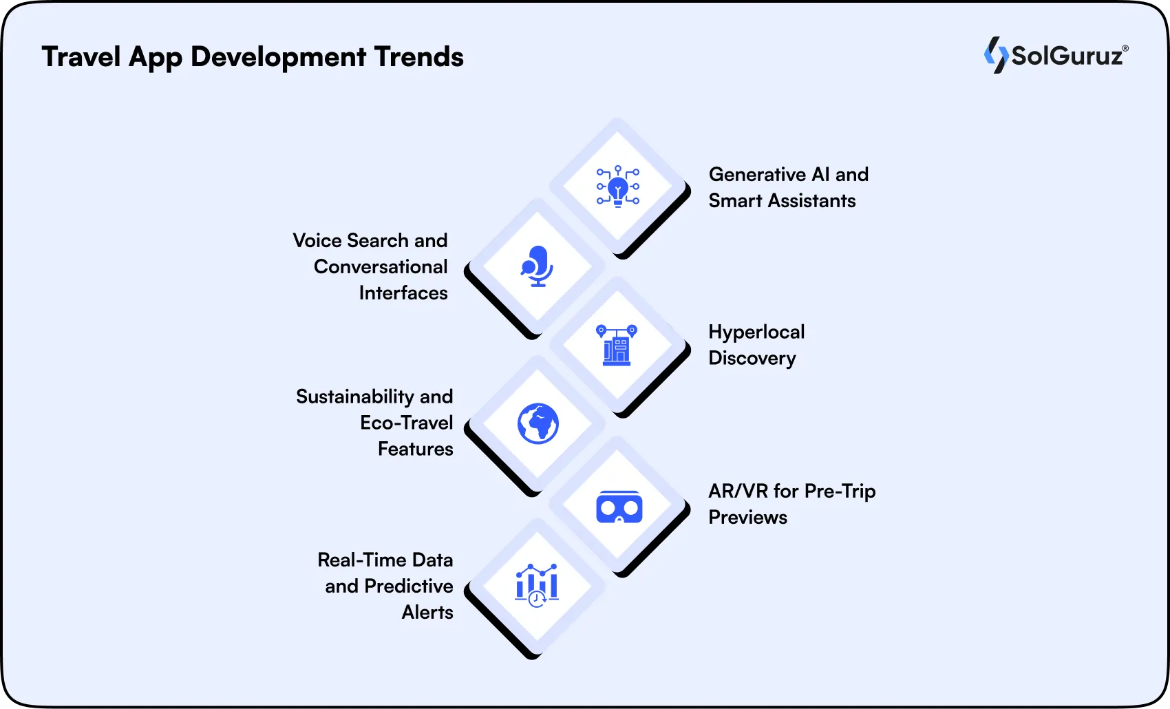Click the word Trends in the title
click(x=418, y=56)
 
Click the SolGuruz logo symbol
click(x=995, y=55)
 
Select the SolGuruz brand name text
click(x=1067, y=56)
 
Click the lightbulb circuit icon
click(x=617, y=186)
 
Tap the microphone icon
click(x=537, y=266)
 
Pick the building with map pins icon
click(x=617, y=345)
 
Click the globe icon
click(x=538, y=423)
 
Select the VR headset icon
click(x=619, y=508)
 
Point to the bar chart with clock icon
click(x=537, y=585)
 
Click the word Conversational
click(x=381, y=267)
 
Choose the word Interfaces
click(x=403, y=293)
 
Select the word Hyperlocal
click(x=756, y=332)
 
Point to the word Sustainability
click(x=354, y=397)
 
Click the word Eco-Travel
click(x=406, y=423)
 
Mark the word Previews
click(x=747, y=518)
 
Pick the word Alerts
click(x=427, y=613)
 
